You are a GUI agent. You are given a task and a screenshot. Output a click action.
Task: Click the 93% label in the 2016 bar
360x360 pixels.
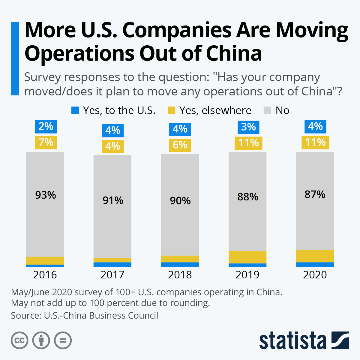pos(46,195)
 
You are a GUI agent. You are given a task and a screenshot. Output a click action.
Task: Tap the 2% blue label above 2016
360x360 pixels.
pos(46,126)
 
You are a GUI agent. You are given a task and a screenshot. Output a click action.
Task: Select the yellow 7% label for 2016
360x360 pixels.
pos(46,142)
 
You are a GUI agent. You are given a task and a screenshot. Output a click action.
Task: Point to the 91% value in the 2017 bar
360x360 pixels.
pos(113,200)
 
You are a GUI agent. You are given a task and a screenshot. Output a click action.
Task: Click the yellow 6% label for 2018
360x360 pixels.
pos(180,145)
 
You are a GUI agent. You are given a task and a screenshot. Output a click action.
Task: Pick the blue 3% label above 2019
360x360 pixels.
pos(248,127)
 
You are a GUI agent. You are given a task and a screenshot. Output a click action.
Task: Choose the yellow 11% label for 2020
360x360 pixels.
pos(315,142)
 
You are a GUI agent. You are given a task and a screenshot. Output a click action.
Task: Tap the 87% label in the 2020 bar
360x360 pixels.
pos(315,194)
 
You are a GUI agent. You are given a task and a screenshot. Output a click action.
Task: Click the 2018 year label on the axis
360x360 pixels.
pos(180,275)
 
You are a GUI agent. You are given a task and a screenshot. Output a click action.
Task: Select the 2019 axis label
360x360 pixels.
pos(247,275)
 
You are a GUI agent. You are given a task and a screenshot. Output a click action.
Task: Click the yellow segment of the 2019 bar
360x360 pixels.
pos(247,257)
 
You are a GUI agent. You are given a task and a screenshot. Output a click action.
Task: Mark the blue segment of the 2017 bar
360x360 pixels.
pos(112,265)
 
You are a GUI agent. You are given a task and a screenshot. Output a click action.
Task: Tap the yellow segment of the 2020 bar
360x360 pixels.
pos(315,256)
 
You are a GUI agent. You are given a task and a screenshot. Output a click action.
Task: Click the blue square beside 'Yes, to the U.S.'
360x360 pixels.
pos(75,110)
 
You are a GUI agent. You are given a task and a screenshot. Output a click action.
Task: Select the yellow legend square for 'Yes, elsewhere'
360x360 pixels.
pos(171,110)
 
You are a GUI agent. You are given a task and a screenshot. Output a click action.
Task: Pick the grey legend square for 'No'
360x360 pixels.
pos(267,110)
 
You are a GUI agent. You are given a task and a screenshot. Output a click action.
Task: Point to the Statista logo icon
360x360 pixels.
pos(340,340)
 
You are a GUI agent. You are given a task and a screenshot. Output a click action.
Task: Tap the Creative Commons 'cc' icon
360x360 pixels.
pos(19,340)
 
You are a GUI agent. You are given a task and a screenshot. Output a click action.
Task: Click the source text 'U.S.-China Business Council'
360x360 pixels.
pos(101,316)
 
